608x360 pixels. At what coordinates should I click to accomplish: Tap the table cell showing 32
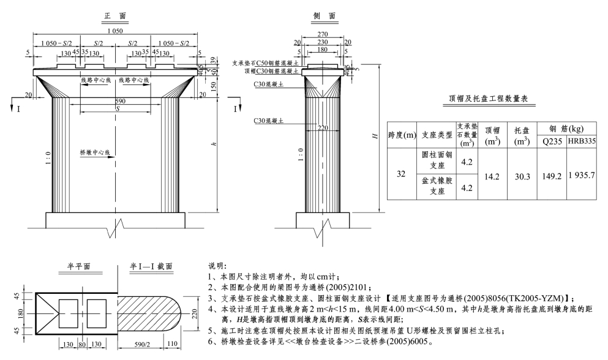tap(402, 174)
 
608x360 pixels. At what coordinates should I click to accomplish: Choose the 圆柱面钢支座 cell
tap(437, 161)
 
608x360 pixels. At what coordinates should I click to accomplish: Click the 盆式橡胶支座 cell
tap(437, 187)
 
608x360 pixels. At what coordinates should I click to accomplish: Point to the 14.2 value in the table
tap(492, 175)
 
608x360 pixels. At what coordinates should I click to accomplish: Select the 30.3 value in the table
tap(522, 175)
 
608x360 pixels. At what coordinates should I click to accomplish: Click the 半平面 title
tap(79, 266)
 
